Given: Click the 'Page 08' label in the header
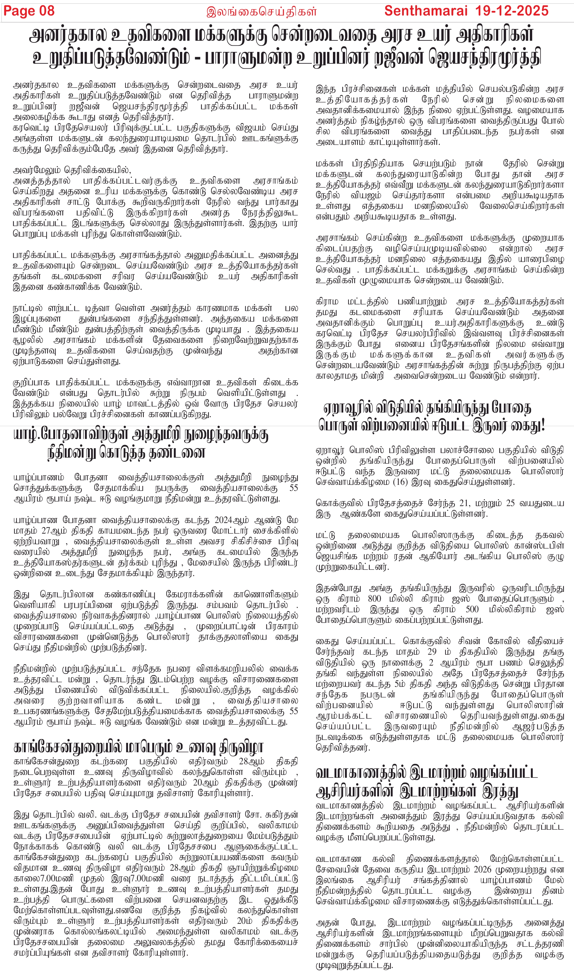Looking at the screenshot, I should (29, 11).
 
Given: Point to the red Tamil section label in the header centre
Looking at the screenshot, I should (261, 11).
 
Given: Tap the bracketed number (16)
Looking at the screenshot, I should (404, 482).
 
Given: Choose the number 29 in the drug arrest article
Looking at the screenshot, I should (432, 652).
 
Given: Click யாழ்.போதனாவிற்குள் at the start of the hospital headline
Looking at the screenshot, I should (71, 435).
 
